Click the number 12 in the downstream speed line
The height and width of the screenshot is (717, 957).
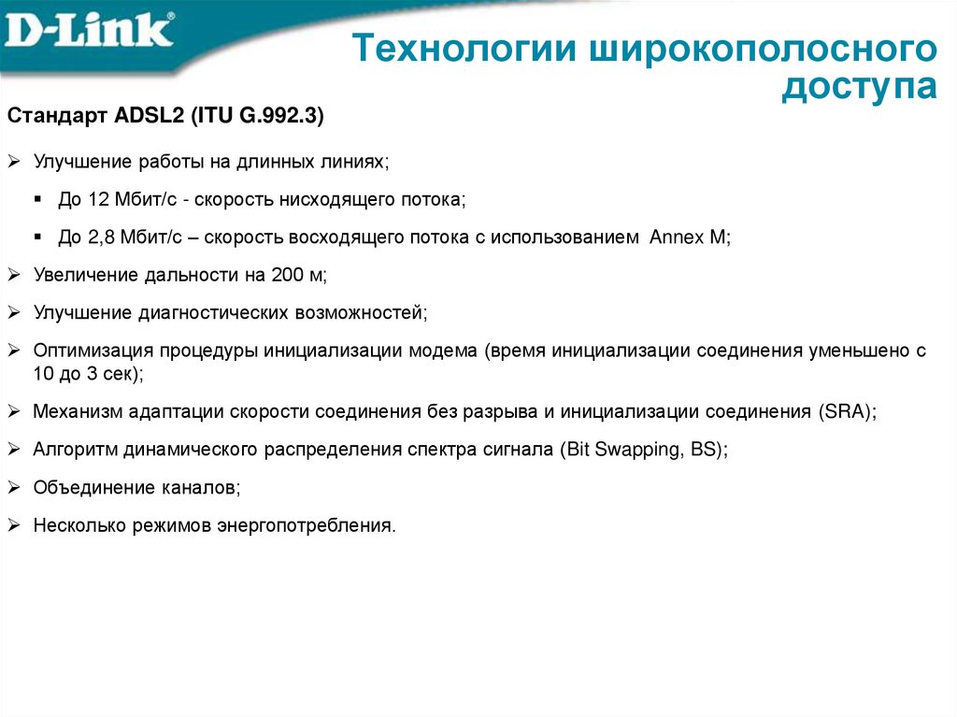[x=99, y=200]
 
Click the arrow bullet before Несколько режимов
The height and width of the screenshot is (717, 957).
[x=14, y=524]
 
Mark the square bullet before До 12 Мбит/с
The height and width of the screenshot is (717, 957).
[x=38, y=200]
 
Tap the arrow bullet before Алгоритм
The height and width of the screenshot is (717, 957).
[x=14, y=449]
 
